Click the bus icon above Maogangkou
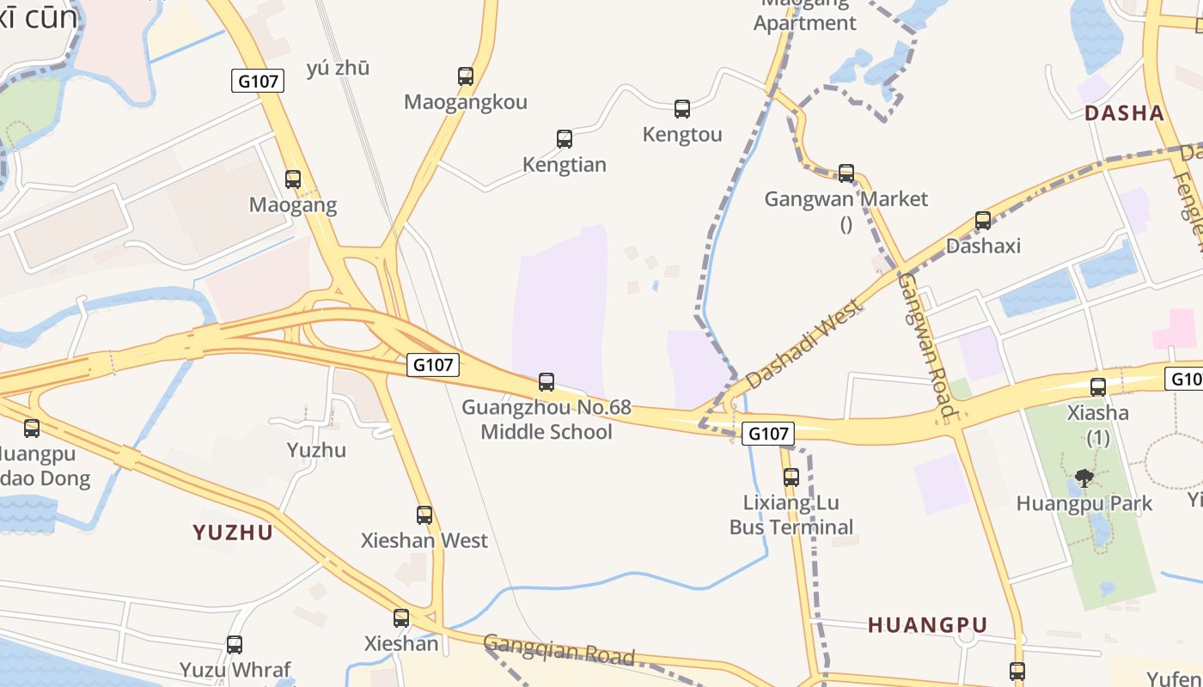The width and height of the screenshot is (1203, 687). coord(466,76)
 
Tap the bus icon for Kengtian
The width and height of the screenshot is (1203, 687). coord(565,139)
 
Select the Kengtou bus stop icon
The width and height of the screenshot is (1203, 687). coord(682,109)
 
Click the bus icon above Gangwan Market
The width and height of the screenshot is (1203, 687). coord(846,173)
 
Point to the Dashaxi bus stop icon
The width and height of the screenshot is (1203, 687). coord(983,221)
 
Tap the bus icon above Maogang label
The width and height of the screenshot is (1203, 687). coord(293,179)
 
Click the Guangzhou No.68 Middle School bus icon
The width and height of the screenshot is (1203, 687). coord(547,382)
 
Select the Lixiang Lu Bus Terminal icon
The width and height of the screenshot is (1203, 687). coord(791,477)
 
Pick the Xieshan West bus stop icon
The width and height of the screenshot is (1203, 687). coord(424,515)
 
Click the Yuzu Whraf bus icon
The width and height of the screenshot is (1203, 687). coord(235,645)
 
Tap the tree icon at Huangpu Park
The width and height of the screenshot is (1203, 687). coord(1084,477)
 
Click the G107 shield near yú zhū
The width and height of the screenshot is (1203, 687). coord(258,82)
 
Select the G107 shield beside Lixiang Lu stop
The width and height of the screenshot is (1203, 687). coord(768,434)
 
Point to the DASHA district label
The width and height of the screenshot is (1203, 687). coord(1124,113)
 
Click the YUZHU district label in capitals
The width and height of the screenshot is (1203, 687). coord(233,532)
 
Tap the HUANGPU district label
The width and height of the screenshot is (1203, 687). coord(927,625)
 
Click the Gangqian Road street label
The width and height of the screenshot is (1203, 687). coord(559,650)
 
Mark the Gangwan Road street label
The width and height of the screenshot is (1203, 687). coord(927,345)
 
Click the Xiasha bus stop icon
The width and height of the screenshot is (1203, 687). coord(1098,387)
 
